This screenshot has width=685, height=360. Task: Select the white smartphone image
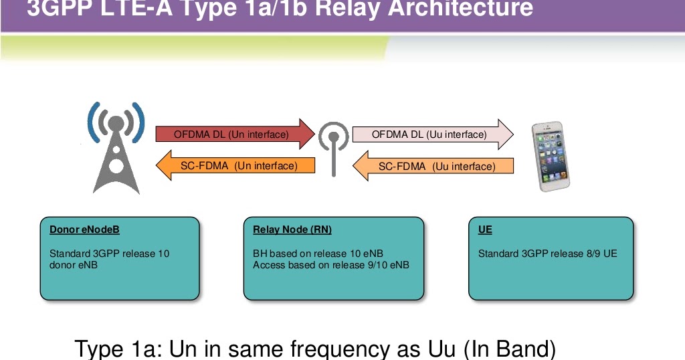pos(553,157)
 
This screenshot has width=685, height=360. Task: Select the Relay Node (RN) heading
pos(292,230)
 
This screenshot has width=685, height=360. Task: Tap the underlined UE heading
pos(485,230)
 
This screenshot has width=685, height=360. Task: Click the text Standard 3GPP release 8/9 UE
pos(547,254)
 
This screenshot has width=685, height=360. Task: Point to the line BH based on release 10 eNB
pos(318,254)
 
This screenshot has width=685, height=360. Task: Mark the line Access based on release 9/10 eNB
pos(330,265)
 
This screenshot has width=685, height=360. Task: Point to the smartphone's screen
pos(552,155)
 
